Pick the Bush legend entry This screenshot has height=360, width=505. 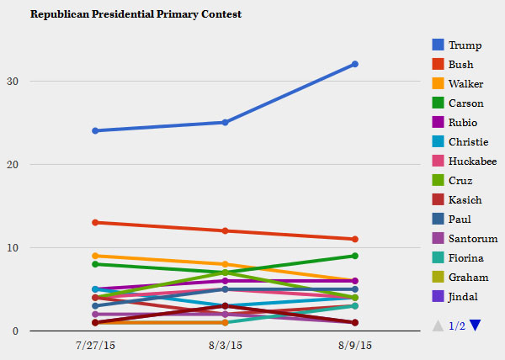tap(460, 64)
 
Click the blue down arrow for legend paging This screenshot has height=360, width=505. tap(476, 326)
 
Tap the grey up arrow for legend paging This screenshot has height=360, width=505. tap(438, 326)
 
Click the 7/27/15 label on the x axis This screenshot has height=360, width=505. tap(95, 346)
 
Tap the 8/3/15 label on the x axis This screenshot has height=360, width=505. tap(225, 346)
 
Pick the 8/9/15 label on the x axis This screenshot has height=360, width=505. tap(355, 346)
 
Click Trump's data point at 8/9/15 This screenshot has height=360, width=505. tap(355, 64)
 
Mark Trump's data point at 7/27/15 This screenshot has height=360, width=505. tap(95, 130)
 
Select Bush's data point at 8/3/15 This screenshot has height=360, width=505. tap(225, 230)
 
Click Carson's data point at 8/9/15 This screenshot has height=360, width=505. tap(355, 256)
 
